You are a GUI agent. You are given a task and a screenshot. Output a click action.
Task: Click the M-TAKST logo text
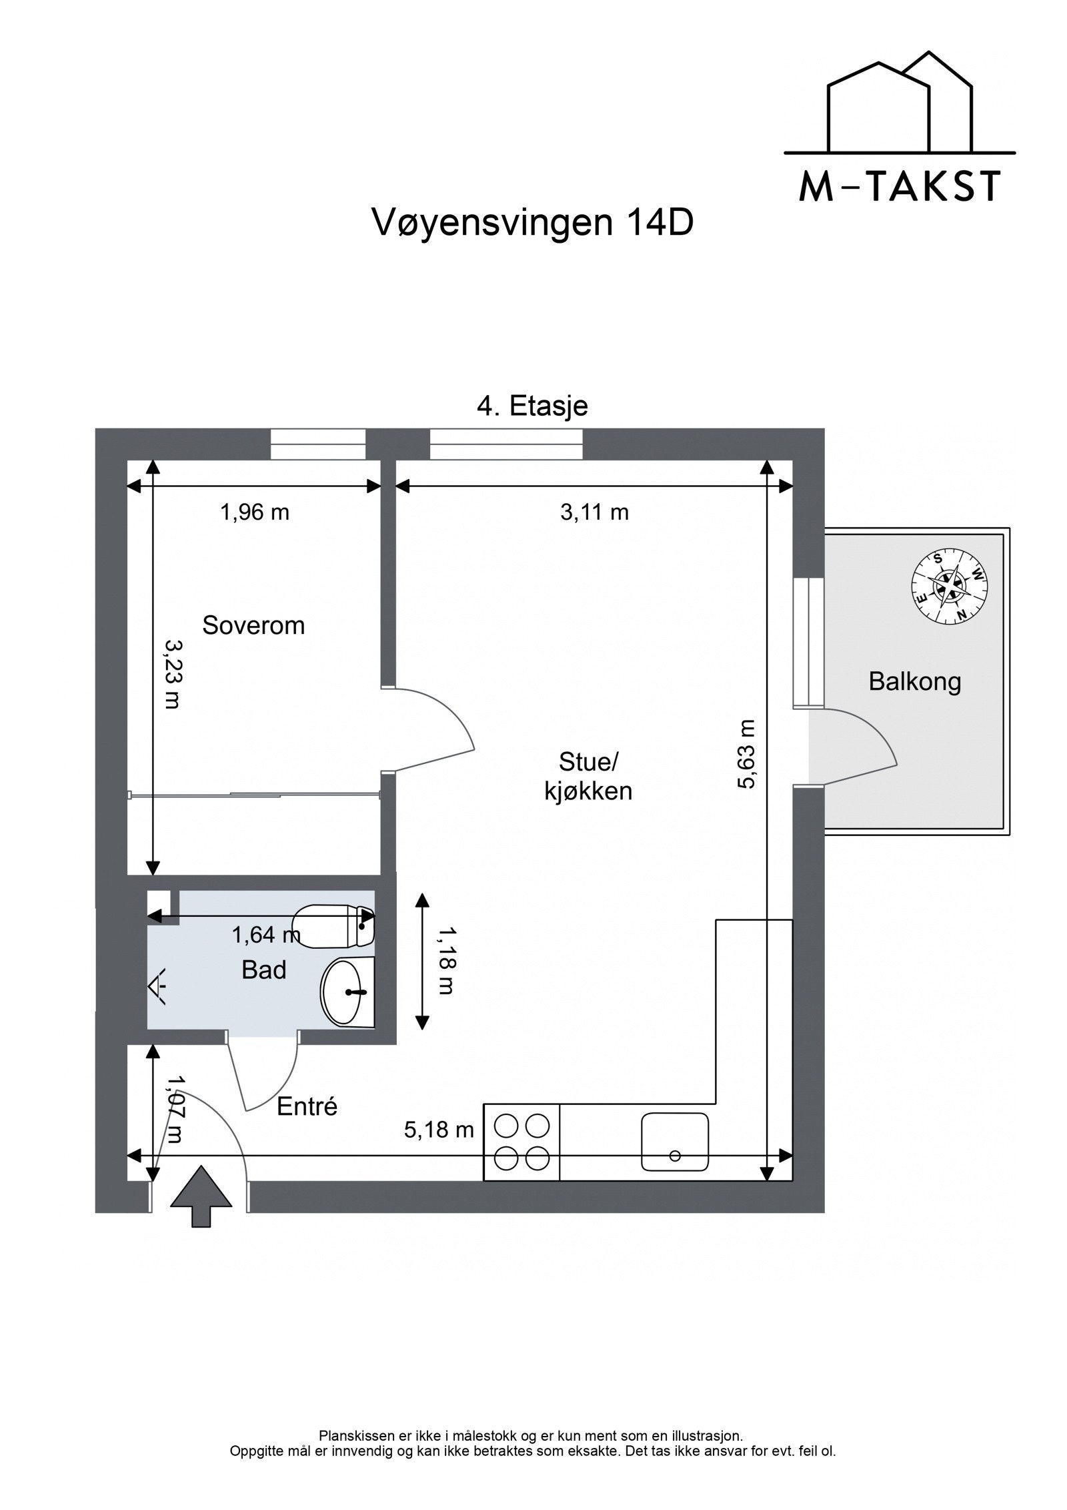(900, 186)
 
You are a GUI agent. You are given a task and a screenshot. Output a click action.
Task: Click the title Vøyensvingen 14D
(531, 224)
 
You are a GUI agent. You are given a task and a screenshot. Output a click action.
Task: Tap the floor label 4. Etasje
(532, 406)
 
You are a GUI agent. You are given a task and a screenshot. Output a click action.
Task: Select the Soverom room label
(253, 625)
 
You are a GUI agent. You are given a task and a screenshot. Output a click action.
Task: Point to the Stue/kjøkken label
(588, 776)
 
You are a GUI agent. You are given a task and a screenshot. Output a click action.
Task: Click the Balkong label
(914, 681)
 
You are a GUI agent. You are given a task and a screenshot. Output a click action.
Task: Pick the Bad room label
(264, 970)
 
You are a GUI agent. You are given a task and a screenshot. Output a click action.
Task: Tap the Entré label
(307, 1106)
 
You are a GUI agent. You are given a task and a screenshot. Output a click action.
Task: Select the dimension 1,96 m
(255, 512)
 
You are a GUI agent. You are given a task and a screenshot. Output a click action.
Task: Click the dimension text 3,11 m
(595, 512)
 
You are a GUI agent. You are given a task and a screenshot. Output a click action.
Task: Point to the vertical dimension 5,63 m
(747, 754)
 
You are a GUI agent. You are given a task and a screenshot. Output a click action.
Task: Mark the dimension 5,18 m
(439, 1130)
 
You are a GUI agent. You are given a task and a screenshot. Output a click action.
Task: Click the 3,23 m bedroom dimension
(173, 674)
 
